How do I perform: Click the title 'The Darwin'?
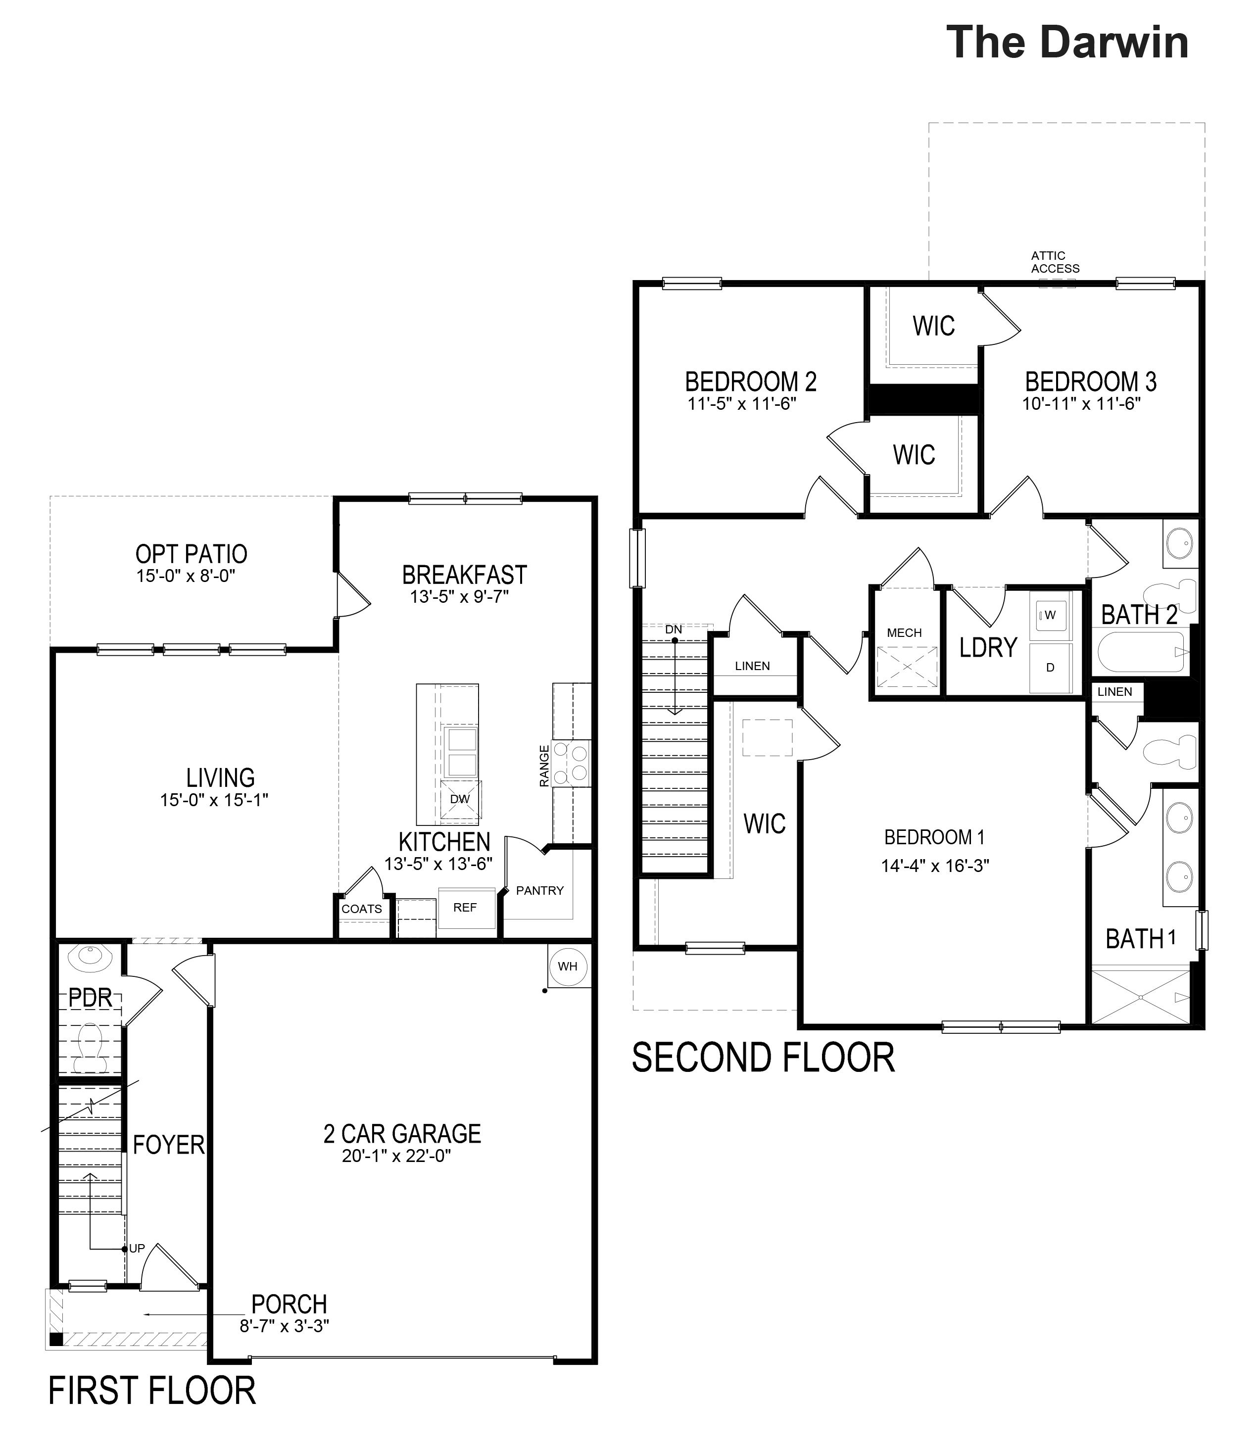(x=1067, y=42)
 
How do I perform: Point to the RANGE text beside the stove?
(x=544, y=766)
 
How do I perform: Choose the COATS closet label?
(x=362, y=909)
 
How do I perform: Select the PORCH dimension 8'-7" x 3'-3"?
(x=285, y=1326)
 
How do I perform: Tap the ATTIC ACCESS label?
(x=1055, y=262)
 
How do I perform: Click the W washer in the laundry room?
(x=1050, y=616)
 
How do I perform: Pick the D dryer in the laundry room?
(x=1050, y=668)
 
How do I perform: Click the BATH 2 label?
(x=1139, y=615)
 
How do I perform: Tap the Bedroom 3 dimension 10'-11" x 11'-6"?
(x=1081, y=404)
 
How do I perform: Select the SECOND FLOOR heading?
(x=763, y=1058)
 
